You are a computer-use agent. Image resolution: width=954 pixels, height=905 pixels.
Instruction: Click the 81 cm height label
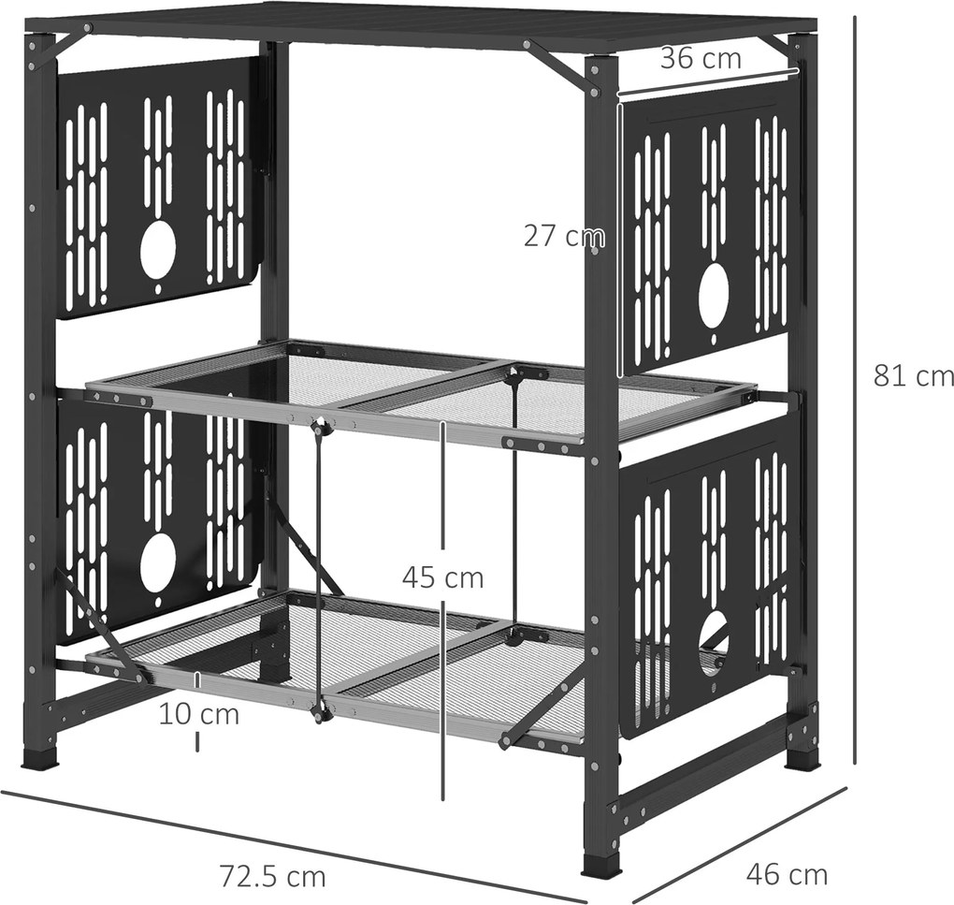[x=913, y=376]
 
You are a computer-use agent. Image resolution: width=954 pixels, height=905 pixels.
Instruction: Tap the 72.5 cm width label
[x=272, y=877]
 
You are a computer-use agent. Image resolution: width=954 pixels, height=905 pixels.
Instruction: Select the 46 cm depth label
[x=787, y=874]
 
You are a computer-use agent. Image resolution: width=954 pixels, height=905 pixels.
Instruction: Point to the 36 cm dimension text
[x=700, y=58]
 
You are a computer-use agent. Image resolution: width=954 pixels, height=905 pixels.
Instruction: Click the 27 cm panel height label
[x=563, y=236]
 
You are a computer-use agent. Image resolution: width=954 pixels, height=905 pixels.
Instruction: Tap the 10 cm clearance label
[x=198, y=715]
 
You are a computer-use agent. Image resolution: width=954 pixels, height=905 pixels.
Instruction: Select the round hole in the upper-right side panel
[x=715, y=289]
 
